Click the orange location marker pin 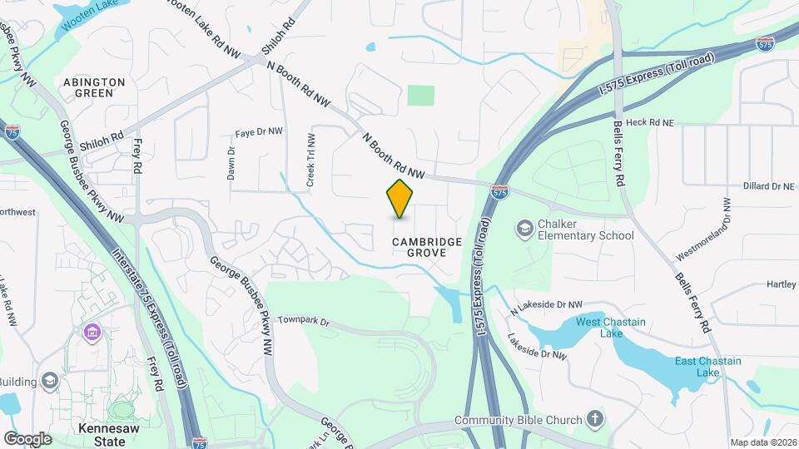[400, 199]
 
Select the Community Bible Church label [519, 420]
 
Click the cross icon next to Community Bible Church [595, 419]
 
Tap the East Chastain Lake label [697, 367]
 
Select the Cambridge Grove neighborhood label [428, 247]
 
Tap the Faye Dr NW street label [259, 132]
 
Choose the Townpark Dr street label [304, 320]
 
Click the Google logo [27, 438]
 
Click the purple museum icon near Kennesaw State [92, 333]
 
